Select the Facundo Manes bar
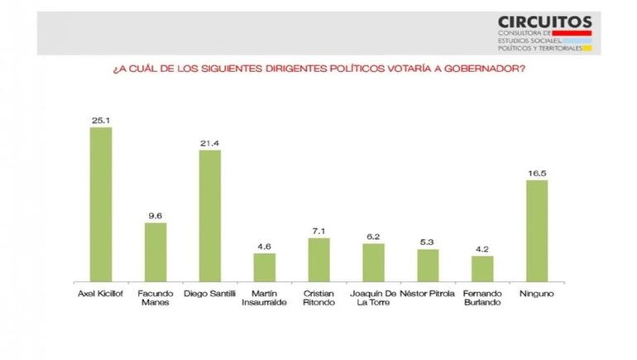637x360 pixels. [156, 252]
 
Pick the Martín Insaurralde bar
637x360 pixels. [264, 266]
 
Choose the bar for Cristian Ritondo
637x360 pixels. [318, 259]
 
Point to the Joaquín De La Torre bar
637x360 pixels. [373, 262]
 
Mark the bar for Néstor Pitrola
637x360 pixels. [428, 265]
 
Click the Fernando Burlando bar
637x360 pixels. [482, 268]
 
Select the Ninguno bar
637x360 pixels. [537, 230]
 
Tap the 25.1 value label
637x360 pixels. [101, 120]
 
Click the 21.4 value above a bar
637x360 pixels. [210, 143]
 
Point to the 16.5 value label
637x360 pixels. [537, 173]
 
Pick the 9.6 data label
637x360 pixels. [156, 216]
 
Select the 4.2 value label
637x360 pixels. [482, 249]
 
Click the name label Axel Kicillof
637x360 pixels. [101, 294]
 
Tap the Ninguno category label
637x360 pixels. [537, 294]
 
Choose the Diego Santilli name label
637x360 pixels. [210, 294]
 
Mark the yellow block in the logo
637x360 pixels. [587, 48]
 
